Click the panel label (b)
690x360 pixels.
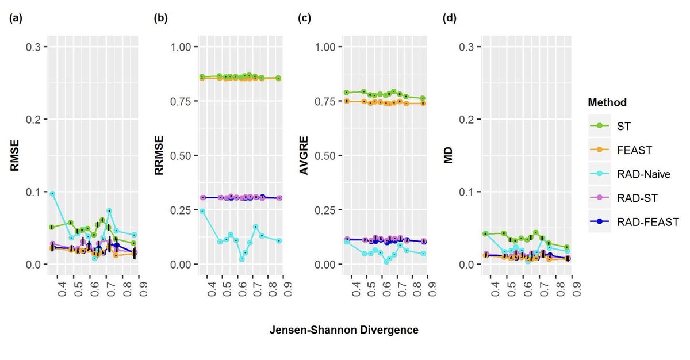[160, 18]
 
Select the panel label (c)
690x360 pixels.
[304, 18]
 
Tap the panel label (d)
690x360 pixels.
[449, 18]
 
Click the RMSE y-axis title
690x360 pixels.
[15, 155]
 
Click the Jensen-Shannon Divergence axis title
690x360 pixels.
[343, 330]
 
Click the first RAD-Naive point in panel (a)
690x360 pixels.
[52, 194]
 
